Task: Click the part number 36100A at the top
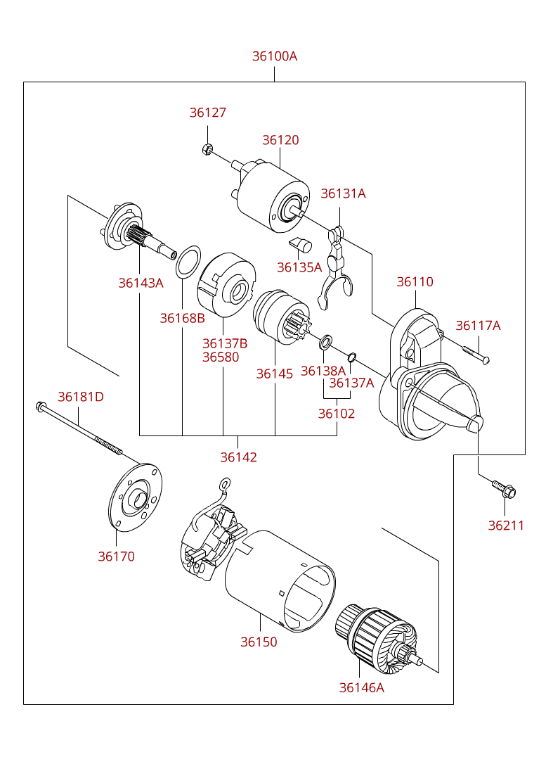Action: [x=274, y=56]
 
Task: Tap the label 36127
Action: [x=208, y=113]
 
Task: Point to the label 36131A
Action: [x=343, y=193]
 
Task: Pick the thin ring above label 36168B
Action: [x=188, y=262]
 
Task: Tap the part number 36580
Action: [x=221, y=357]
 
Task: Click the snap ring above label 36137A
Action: [x=352, y=357]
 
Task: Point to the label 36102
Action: [x=337, y=414]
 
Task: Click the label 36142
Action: [x=239, y=457]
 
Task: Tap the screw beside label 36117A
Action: [x=476, y=355]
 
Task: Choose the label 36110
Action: [x=415, y=282]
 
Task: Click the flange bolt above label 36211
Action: [x=504, y=489]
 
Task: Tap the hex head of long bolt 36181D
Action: [x=41, y=407]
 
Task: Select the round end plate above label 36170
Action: [x=136, y=497]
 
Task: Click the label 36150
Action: [x=259, y=642]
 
